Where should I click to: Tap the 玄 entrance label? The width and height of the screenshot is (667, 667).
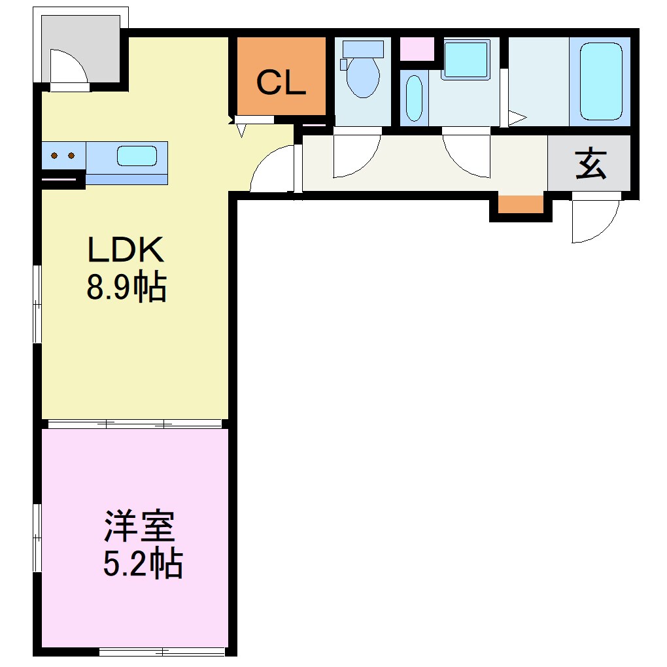(x=590, y=164)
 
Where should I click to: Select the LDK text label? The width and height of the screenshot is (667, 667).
(x=125, y=250)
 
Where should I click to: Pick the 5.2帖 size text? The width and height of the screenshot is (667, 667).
(x=143, y=564)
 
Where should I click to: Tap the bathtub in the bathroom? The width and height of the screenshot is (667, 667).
(x=600, y=81)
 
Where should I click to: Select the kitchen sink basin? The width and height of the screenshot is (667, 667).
(x=137, y=156)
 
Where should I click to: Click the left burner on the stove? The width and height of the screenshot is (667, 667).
(x=54, y=156)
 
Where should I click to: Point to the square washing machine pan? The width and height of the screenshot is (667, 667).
(x=465, y=60)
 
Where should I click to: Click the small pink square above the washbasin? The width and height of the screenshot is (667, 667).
(x=417, y=50)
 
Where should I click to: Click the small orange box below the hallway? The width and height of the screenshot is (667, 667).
(x=521, y=204)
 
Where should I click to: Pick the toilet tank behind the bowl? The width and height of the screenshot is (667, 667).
(x=362, y=48)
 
